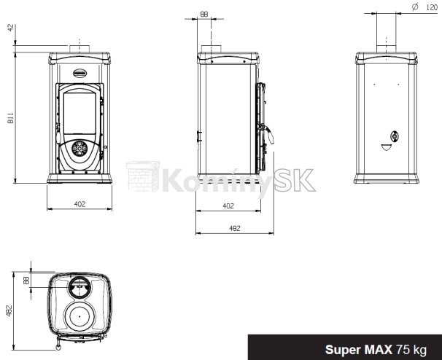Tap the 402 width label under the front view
[80, 204]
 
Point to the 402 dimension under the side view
[228, 206]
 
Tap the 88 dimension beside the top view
[26, 280]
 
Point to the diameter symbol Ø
[414, 6]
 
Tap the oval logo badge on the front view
[80, 73]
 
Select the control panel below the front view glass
[80, 151]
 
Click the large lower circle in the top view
[80, 318]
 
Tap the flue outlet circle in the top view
[79, 289]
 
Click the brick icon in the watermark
[142, 177]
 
